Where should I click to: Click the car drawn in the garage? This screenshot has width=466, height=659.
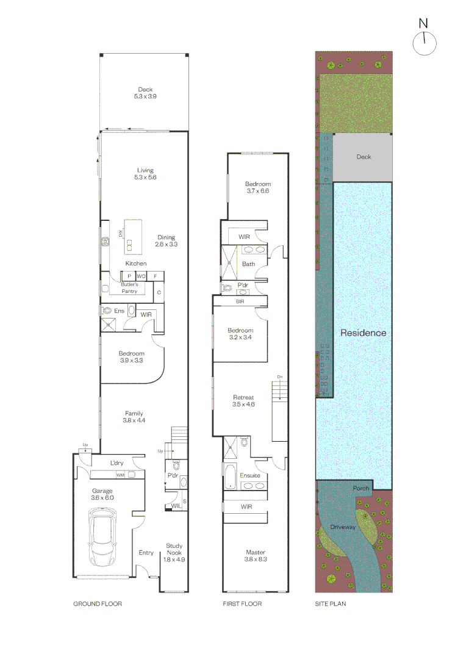pos(102,537)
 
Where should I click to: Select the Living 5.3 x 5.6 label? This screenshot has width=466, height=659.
pos(145,173)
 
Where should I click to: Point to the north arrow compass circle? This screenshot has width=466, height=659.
pos(425,43)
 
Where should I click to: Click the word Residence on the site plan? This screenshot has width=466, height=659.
pos(363,333)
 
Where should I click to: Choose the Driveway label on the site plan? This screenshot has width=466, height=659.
pos(343,527)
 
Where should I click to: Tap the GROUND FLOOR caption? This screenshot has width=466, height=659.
pos(98,604)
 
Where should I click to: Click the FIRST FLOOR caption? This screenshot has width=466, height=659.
pos(242,604)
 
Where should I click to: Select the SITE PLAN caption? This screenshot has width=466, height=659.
pos(331,604)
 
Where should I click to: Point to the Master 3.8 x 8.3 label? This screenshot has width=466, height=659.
pos(256,556)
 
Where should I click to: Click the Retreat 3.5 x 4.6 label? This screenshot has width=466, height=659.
pos(243,400)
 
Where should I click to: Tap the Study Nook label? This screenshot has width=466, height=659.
pos(174,549)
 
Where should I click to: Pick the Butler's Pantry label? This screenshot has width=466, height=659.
pos(129,288)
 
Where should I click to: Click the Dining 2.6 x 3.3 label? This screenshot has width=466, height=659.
pos(167,240)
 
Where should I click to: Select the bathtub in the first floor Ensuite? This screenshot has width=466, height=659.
pos(230,477)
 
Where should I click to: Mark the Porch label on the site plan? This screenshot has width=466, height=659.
pos(361,488)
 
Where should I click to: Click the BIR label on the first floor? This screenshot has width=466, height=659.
pos(240,302)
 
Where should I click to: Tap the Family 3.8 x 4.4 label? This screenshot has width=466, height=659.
pos(134,417)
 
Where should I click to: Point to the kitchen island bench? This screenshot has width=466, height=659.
pos(133,237)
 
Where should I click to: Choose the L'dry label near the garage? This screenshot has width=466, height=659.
pos(117,463)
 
